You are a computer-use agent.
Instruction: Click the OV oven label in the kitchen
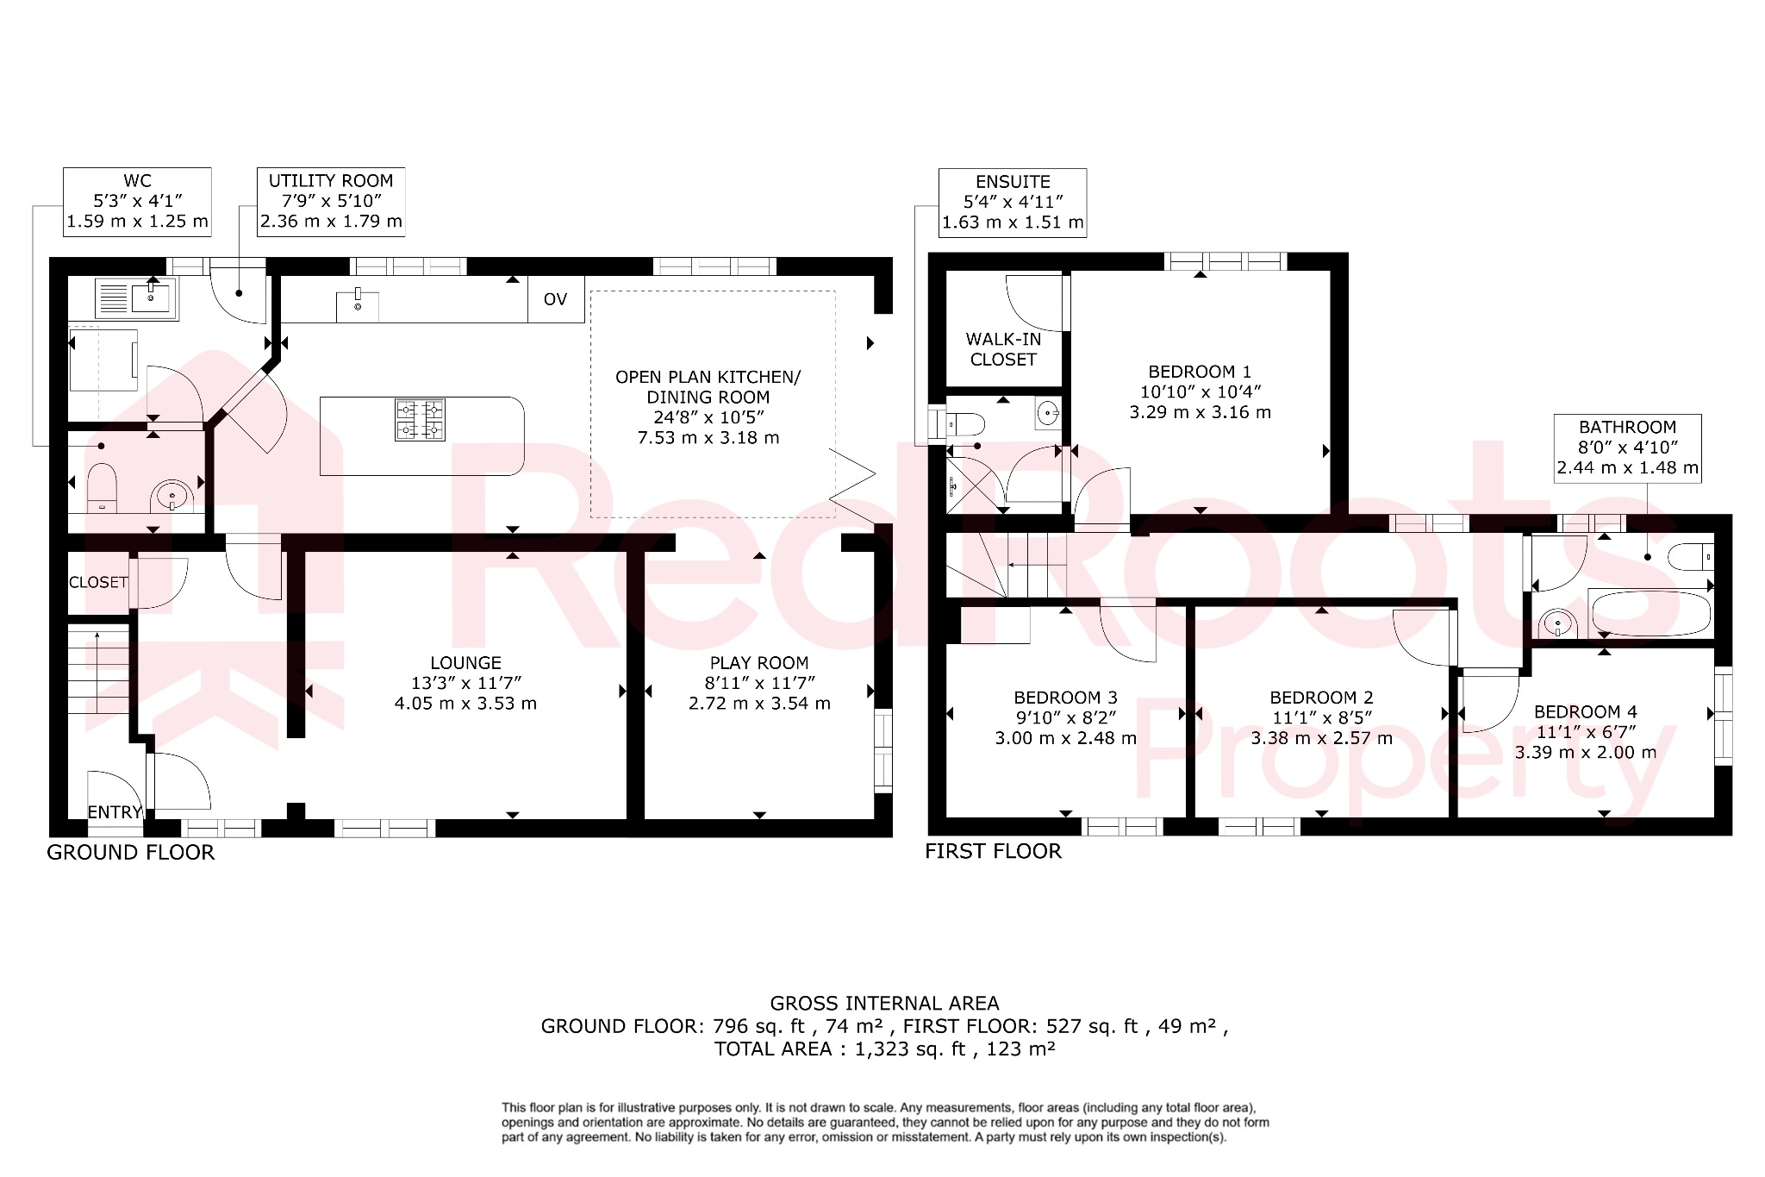(x=555, y=299)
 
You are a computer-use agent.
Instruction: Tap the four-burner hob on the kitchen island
(x=420, y=420)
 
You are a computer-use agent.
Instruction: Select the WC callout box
(x=137, y=202)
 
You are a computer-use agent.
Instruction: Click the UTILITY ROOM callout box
(x=331, y=202)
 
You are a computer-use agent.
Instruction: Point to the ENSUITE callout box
(x=1013, y=203)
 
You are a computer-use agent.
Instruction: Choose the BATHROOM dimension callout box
(x=1627, y=448)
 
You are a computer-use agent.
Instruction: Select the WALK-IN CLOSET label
(x=1003, y=349)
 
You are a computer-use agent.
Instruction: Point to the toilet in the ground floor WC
(x=102, y=487)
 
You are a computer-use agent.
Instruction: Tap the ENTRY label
(x=114, y=812)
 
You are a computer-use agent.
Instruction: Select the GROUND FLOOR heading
(x=130, y=852)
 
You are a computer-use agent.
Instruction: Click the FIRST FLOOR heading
(x=993, y=851)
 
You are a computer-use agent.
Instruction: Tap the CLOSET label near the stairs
(x=98, y=583)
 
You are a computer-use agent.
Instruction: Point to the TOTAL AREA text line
(x=884, y=1049)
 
